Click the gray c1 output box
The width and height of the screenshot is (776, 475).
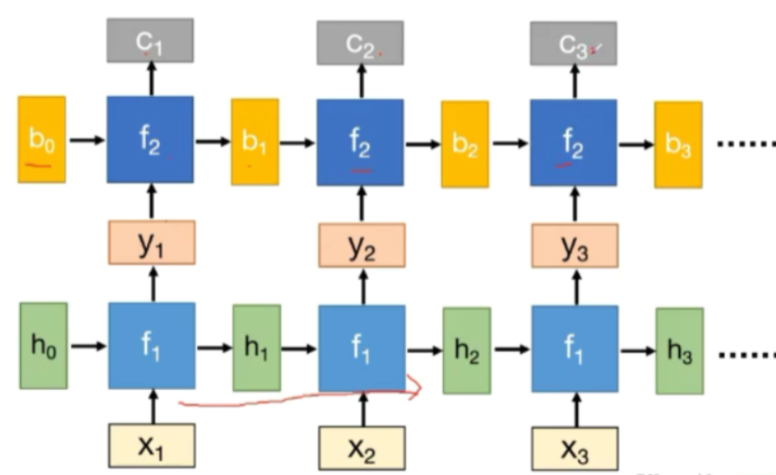(x=151, y=41)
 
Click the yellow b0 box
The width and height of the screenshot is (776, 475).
(x=41, y=139)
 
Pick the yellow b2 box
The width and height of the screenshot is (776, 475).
(x=464, y=141)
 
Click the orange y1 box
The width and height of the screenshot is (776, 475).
(x=151, y=245)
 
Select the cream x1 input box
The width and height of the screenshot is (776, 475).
(x=151, y=445)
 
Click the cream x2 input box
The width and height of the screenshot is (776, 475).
(x=362, y=447)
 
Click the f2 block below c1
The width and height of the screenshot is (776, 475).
(x=151, y=140)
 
